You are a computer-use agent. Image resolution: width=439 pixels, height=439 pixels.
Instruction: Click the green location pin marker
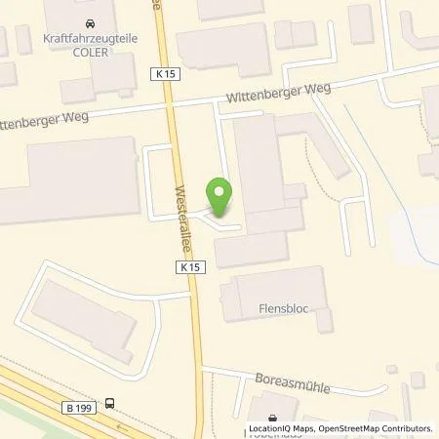tap(220, 196)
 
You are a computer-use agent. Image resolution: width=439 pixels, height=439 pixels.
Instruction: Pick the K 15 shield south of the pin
tap(191, 266)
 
